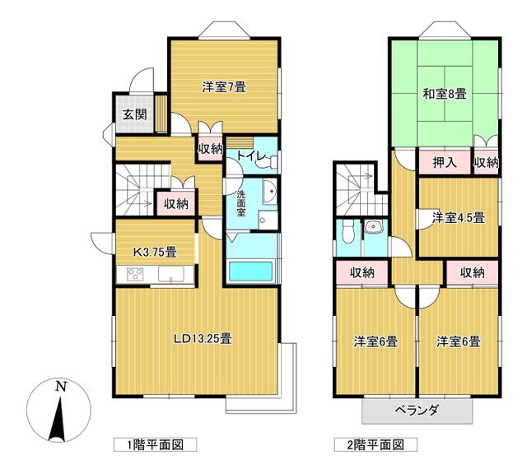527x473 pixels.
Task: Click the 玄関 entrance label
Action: (x=136, y=115)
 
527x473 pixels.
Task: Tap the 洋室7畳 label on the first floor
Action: (x=224, y=86)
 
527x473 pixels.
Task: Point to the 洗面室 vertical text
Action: (x=241, y=203)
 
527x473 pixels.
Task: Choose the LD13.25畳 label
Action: (x=202, y=338)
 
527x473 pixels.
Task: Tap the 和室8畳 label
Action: (x=444, y=94)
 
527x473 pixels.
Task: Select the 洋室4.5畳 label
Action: (x=458, y=218)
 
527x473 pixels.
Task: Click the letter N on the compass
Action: (x=60, y=386)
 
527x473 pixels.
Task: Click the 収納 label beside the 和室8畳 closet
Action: (x=486, y=163)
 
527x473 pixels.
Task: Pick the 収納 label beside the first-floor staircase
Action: (x=174, y=203)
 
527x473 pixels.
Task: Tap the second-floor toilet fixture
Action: (x=347, y=231)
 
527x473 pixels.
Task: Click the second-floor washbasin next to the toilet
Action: (x=374, y=229)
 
